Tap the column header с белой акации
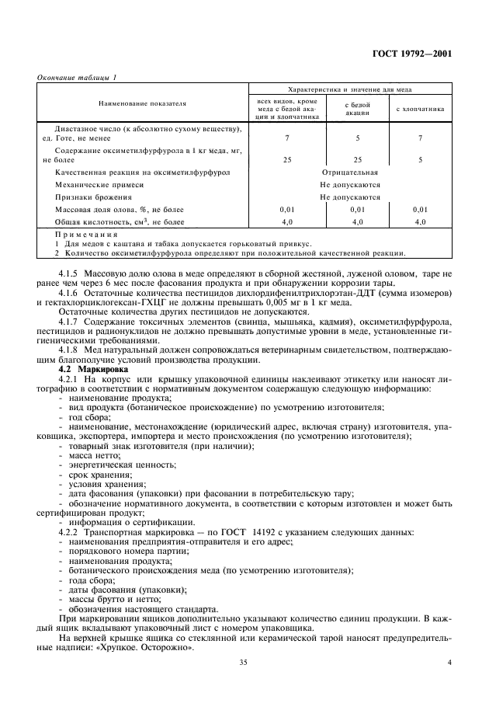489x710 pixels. (x=358, y=107)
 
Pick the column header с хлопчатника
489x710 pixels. (x=420, y=109)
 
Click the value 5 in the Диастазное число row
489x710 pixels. (x=358, y=137)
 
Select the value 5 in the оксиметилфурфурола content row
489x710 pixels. (x=420, y=159)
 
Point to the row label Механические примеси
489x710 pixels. (x=99, y=185)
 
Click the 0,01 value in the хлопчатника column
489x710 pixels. (x=420, y=210)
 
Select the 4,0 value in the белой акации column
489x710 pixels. (x=358, y=222)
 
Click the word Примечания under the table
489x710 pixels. (x=87, y=235)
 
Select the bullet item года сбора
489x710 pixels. (x=88, y=579)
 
